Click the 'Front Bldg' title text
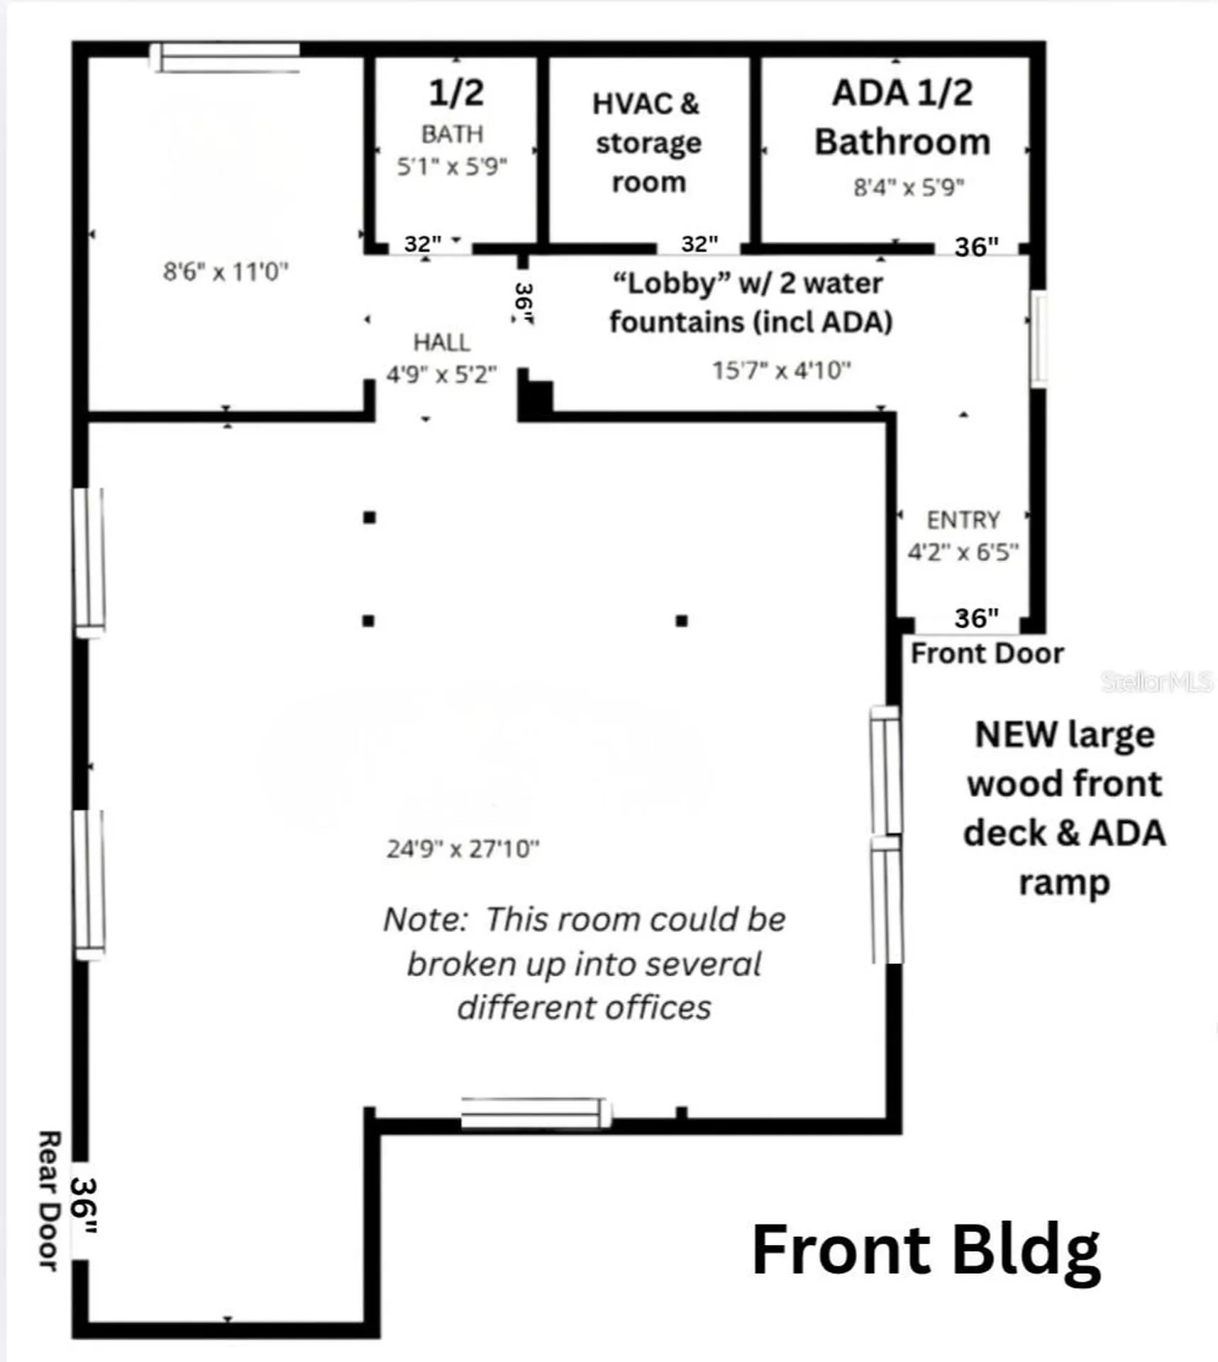[926, 1252]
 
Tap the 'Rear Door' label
[48, 1200]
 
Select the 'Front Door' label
[987, 653]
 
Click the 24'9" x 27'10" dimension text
[463, 848]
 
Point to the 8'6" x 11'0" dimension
[226, 271]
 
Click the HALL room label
[441, 343]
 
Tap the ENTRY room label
[963, 520]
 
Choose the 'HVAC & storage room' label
[648, 143]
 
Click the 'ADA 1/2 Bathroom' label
[902, 117]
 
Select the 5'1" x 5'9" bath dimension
[452, 167]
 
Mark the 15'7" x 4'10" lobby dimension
[781, 370]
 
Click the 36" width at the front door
[976, 618]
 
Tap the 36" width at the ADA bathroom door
[976, 246]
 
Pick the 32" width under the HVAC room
[699, 243]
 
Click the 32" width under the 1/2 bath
[423, 243]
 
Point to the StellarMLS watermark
[1156, 682]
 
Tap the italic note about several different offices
[584, 963]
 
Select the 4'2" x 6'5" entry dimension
[963, 552]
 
